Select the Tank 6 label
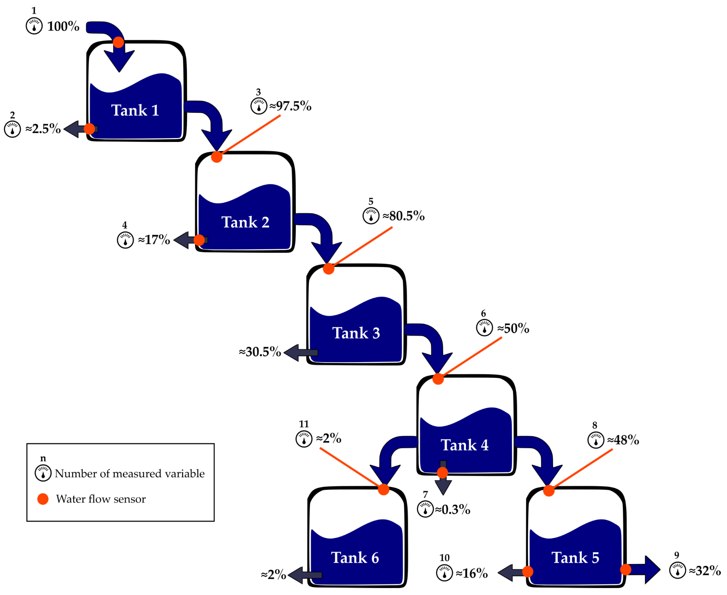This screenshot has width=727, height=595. pos(355,558)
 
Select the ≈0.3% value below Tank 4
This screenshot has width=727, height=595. pos(452,510)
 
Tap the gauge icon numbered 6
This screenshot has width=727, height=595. pos(484,328)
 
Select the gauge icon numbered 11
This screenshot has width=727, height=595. pos(304,439)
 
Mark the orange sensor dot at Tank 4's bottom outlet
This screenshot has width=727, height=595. pos(443,473)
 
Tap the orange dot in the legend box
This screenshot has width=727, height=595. pos(43,499)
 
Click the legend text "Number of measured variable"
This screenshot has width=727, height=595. pos(130,474)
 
